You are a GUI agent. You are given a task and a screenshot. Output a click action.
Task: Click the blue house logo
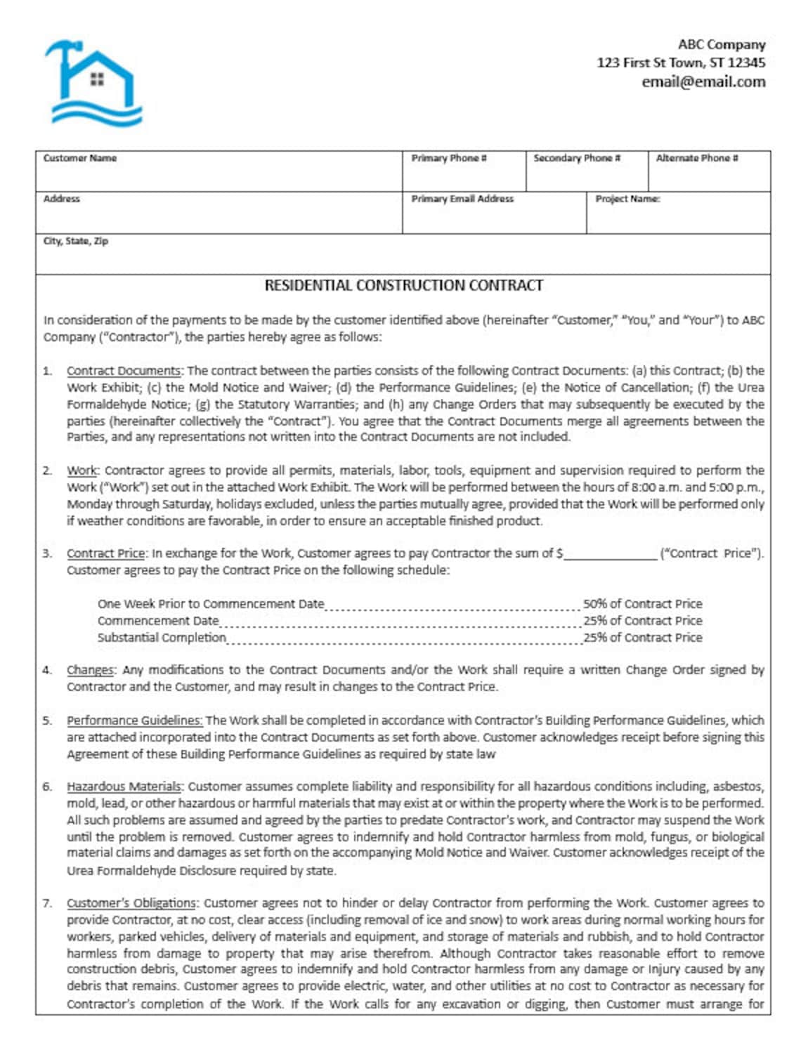[93, 83]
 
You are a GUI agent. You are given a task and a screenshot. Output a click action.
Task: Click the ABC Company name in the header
[721, 44]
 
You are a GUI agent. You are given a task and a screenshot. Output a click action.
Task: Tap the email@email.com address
[703, 81]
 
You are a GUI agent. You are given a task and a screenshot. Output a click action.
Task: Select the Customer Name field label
[79, 158]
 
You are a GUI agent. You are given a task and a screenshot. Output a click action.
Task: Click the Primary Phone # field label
[449, 158]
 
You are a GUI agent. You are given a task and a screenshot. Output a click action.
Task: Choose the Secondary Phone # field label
[576, 158]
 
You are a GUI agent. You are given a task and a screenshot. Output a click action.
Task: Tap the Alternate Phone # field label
[696, 158]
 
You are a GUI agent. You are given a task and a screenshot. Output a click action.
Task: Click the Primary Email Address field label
[462, 199]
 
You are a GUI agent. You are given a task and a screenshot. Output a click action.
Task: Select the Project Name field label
[627, 199]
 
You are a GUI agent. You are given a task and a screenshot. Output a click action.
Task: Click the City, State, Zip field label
[75, 241]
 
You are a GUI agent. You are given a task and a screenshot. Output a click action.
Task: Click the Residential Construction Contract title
[403, 285]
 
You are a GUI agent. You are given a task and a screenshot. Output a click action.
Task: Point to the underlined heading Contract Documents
[124, 371]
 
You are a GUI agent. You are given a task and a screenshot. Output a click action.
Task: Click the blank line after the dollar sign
[610, 554]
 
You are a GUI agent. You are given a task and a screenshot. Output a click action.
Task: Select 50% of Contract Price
[642, 604]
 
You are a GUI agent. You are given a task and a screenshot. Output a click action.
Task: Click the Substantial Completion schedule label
[162, 638]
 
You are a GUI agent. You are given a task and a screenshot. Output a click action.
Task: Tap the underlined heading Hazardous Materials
[124, 787]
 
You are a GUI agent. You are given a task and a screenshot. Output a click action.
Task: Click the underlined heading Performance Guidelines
[134, 721]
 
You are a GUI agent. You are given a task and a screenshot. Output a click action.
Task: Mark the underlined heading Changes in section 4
[91, 670]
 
